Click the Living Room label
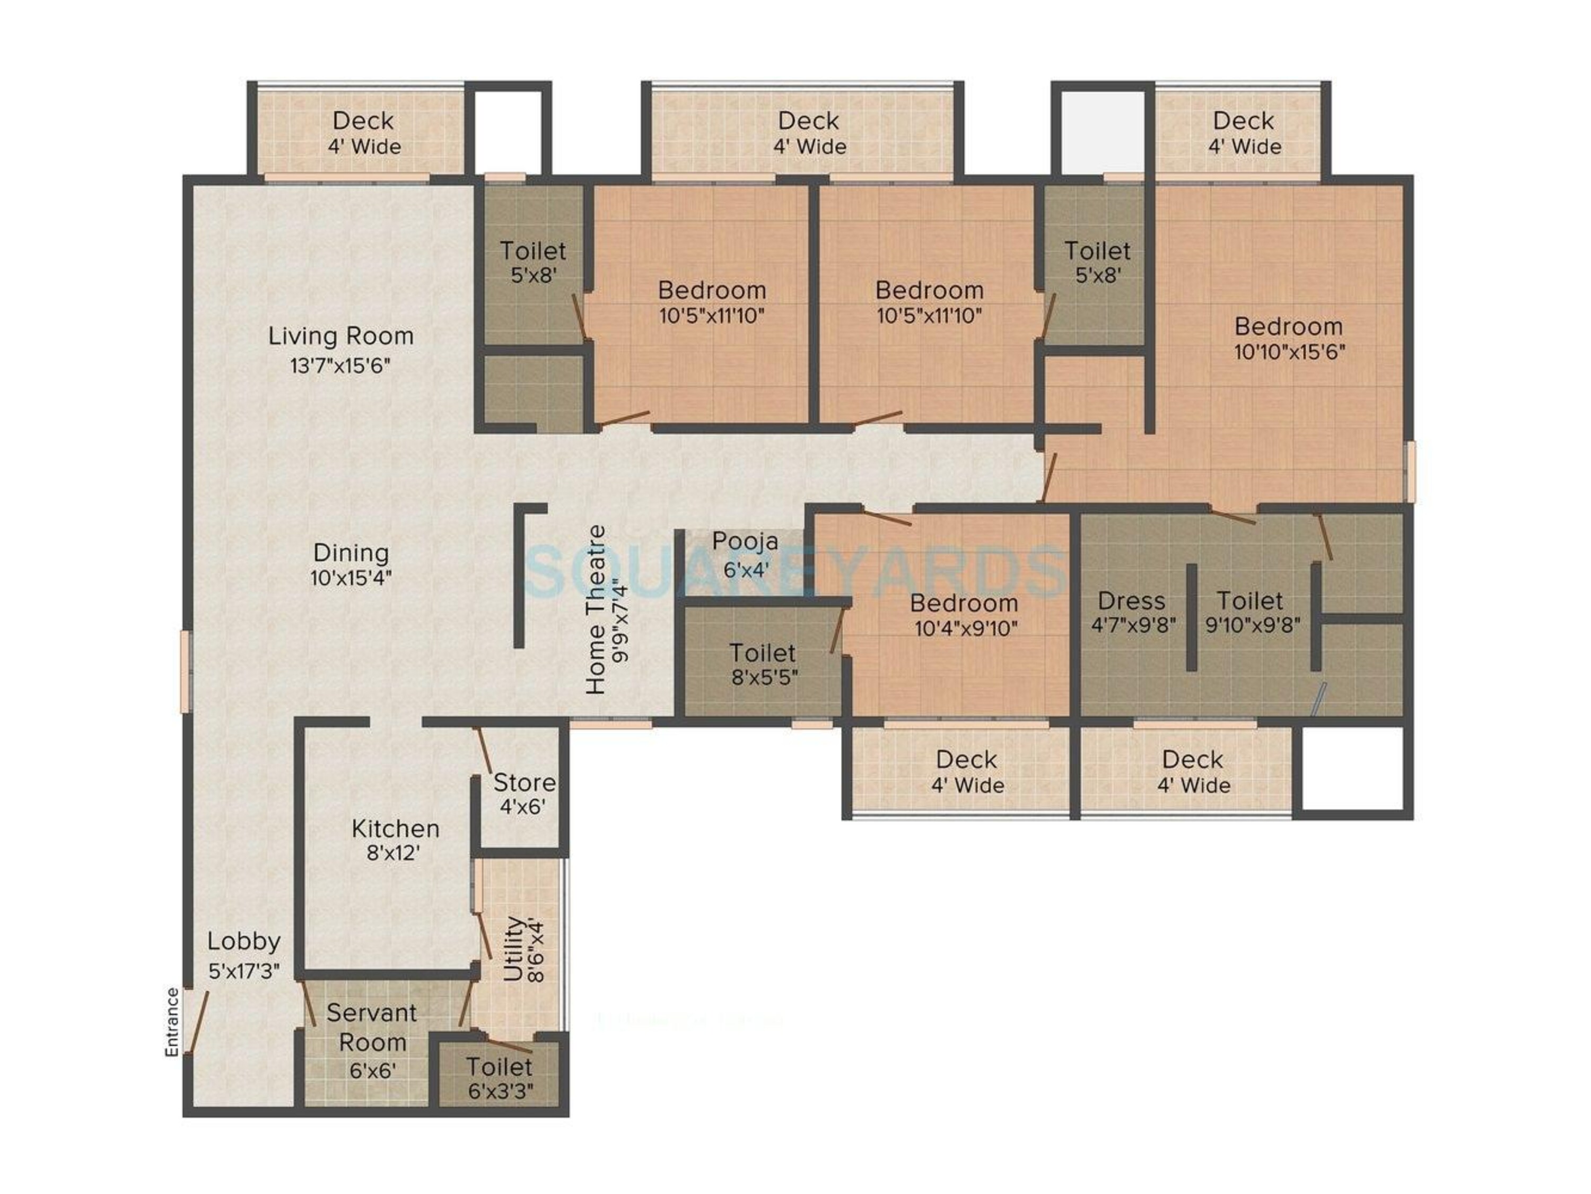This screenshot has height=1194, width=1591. pyautogui.click(x=341, y=336)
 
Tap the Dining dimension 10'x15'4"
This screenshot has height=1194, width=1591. pyautogui.click(x=351, y=578)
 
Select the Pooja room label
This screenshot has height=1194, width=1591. pyautogui.click(x=745, y=542)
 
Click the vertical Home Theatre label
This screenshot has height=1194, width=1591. pyautogui.click(x=596, y=610)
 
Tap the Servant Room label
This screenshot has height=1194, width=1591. pyautogui.click(x=372, y=1027)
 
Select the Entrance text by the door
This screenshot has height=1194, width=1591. pyautogui.click(x=172, y=1022)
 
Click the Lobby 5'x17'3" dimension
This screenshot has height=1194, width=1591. pyautogui.click(x=244, y=972)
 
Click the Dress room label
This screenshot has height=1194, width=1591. pyautogui.click(x=1131, y=600)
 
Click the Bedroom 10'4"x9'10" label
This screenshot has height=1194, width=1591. pyautogui.click(x=964, y=603)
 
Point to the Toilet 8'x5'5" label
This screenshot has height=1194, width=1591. pyautogui.click(x=763, y=652)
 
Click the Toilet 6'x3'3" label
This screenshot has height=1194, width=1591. pyautogui.click(x=499, y=1066)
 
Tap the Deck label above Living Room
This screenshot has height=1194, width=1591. pyautogui.click(x=363, y=120)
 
